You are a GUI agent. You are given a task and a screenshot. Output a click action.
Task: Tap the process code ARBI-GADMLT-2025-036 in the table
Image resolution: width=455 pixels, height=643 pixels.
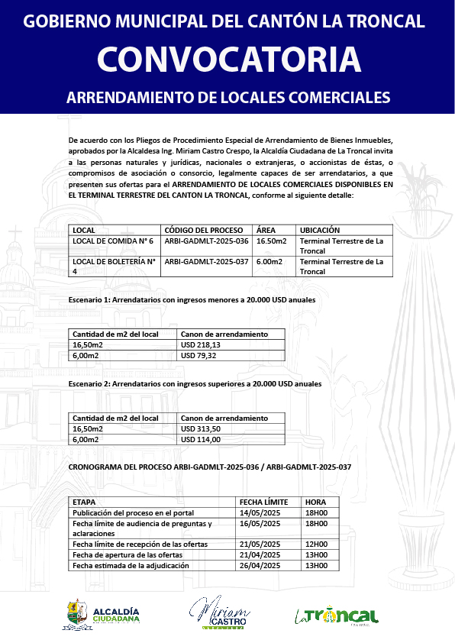(206, 241)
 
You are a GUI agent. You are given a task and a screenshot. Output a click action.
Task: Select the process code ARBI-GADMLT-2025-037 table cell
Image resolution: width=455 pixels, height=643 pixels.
(206, 262)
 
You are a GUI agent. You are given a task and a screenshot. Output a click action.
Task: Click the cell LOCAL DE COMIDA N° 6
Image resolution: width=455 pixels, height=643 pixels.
(113, 241)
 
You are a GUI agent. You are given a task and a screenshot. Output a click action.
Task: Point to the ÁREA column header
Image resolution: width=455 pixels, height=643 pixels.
(266, 230)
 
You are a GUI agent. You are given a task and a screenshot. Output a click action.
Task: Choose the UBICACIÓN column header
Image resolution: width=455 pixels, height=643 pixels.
(320, 230)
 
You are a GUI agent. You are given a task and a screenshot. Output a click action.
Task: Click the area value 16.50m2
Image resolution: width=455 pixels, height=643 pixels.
(271, 241)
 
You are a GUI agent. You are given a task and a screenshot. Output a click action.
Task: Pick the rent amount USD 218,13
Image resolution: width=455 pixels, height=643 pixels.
(200, 345)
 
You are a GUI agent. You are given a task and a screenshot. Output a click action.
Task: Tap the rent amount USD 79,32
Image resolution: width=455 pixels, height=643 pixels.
(198, 356)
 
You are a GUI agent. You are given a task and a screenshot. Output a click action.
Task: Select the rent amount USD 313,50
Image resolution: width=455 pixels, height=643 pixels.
(200, 429)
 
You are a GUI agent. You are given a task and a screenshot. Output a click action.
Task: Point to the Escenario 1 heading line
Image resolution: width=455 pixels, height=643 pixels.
(192, 300)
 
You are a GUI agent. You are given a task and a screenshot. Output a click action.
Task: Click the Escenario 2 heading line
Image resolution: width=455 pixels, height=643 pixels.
(195, 384)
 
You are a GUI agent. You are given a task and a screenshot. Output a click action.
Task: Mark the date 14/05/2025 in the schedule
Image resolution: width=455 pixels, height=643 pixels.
(261, 512)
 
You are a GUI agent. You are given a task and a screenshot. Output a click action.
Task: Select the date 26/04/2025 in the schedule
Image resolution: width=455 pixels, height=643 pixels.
(261, 566)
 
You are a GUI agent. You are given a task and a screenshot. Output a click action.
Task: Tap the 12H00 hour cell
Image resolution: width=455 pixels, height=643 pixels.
(316, 544)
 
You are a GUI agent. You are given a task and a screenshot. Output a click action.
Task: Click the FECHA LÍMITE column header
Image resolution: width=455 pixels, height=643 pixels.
(264, 502)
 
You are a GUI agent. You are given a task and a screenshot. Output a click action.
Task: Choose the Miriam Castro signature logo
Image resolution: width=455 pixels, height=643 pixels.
(220, 612)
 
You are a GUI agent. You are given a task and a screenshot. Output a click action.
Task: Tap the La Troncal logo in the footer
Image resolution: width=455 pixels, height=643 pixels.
(337, 615)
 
